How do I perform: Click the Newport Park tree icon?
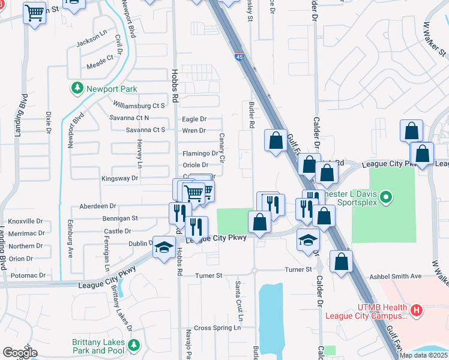click(77, 89)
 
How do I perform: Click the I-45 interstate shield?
click(240, 58)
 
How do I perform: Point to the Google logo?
click(20, 353)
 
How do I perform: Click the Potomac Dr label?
click(28, 275)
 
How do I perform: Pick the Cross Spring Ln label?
click(217, 328)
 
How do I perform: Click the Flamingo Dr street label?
click(200, 154)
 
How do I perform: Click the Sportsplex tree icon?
click(387, 196)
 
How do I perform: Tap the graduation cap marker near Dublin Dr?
click(162, 249)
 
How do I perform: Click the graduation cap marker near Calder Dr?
click(308, 240)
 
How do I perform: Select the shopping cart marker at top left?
click(35, 12)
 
